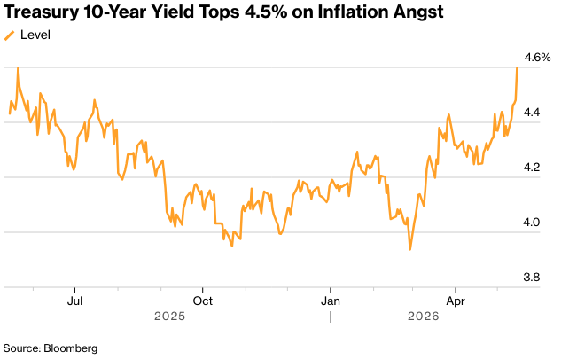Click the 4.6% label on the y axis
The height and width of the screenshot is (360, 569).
click(537, 58)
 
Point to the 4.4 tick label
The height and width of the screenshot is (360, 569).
click(531, 113)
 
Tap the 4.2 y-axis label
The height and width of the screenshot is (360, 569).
click(531, 168)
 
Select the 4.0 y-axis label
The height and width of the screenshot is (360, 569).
click(531, 222)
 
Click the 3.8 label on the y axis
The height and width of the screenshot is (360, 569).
click(531, 278)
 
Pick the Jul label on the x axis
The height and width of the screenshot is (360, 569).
click(74, 301)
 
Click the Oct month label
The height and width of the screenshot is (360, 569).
click(202, 301)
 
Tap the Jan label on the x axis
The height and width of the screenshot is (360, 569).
click(331, 301)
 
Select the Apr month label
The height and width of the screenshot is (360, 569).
click(456, 301)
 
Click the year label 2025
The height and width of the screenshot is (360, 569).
click(169, 316)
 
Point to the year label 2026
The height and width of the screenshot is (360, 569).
click(423, 316)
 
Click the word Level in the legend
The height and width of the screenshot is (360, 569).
click(35, 35)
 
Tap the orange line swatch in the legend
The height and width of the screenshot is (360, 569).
click(9, 35)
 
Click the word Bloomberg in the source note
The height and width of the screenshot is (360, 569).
click(70, 348)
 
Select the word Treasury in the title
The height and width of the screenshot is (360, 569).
click(41, 12)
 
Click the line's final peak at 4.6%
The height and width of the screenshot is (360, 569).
click(517, 67)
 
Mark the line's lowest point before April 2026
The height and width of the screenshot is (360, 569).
click(410, 250)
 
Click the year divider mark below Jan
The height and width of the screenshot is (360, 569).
click(331, 317)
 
